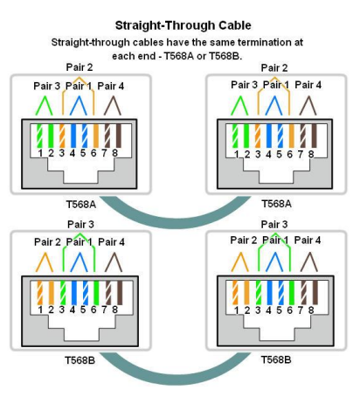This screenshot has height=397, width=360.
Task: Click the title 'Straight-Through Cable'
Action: click(x=180, y=28)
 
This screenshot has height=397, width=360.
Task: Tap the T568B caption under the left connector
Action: click(x=80, y=359)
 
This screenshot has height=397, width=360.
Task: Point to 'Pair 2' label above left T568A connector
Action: click(x=80, y=67)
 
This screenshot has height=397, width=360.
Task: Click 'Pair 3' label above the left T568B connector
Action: click(x=80, y=225)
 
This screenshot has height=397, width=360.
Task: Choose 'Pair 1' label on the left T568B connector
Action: click(x=81, y=241)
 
